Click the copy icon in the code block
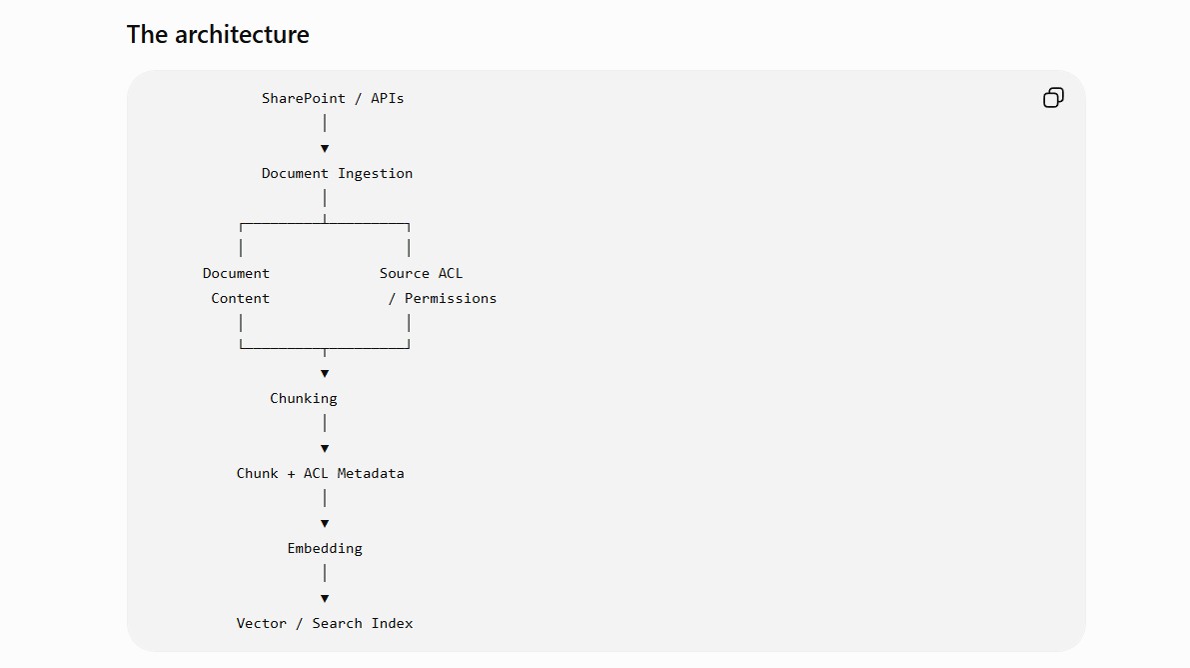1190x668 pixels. (1053, 97)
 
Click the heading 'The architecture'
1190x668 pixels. (218, 34)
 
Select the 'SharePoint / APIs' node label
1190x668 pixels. (333, 98)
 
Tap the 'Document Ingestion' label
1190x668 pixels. (337, 173)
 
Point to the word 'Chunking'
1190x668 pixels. (304, 398)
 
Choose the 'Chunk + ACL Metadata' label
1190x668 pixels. (321, 473)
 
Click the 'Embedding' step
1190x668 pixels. (325, 549)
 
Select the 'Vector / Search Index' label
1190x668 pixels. (325, 623)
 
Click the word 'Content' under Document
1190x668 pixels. (240, 299)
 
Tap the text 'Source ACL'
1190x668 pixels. (422, 274)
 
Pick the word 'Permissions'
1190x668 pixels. (450, 299)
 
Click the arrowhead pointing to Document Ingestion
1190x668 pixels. (325, 149)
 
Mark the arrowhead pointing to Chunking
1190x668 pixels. (325, 374)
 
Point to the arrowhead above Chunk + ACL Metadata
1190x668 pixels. (325, 449)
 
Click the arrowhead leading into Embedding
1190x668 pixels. (325, 524)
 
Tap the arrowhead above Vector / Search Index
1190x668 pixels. (325, 599)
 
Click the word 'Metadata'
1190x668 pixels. (371, 473)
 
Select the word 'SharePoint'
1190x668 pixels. (304, 98)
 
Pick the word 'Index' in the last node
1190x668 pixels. (393, 623)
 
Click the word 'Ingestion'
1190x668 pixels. (375, 174)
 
